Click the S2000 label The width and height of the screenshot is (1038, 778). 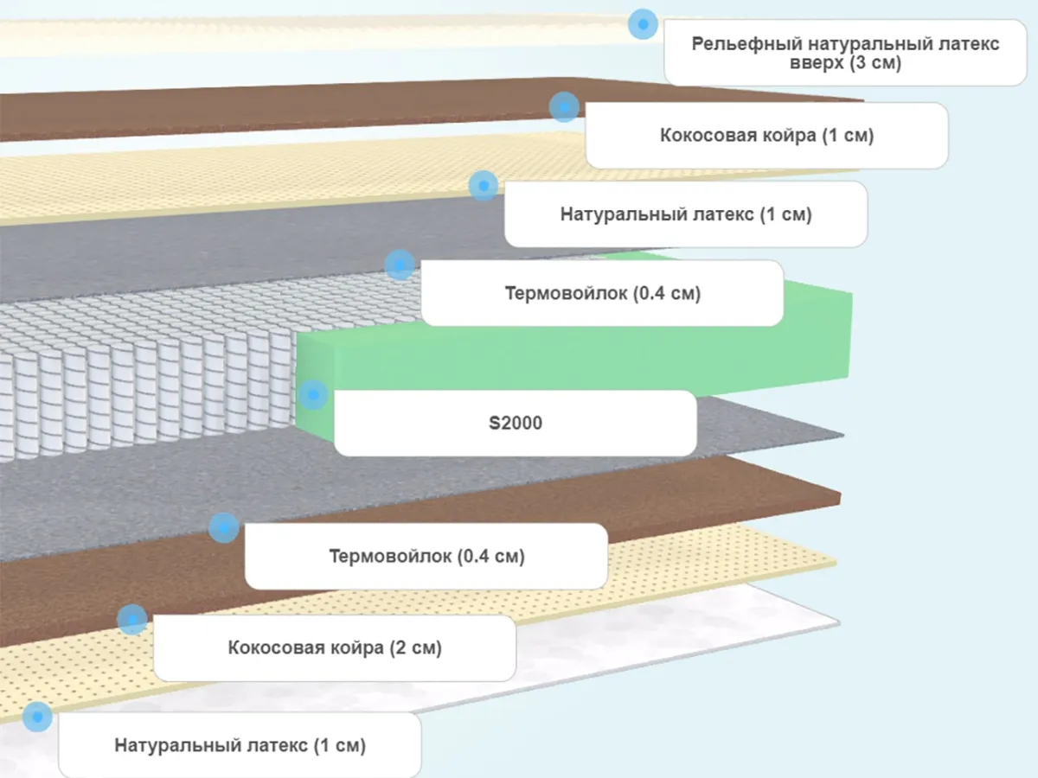[x=515, y=424]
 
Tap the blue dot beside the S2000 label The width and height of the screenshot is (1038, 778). [x=312, y=396]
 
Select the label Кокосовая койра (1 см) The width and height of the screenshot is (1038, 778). [x=766, y=136]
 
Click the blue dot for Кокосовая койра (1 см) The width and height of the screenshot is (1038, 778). [x=563, y=107]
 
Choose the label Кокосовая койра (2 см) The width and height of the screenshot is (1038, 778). [x=335, y=648]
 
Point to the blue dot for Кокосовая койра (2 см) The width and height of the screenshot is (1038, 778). [x=131, y=619]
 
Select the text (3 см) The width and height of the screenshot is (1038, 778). [x=875, y=63]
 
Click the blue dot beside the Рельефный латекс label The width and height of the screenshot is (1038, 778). [x=642, y=24]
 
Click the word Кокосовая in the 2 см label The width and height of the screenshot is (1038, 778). [x=273, y=648]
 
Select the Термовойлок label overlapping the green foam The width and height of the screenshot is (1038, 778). [x=602, y=293]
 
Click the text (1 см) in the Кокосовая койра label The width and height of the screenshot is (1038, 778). [x=847, y=136]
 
